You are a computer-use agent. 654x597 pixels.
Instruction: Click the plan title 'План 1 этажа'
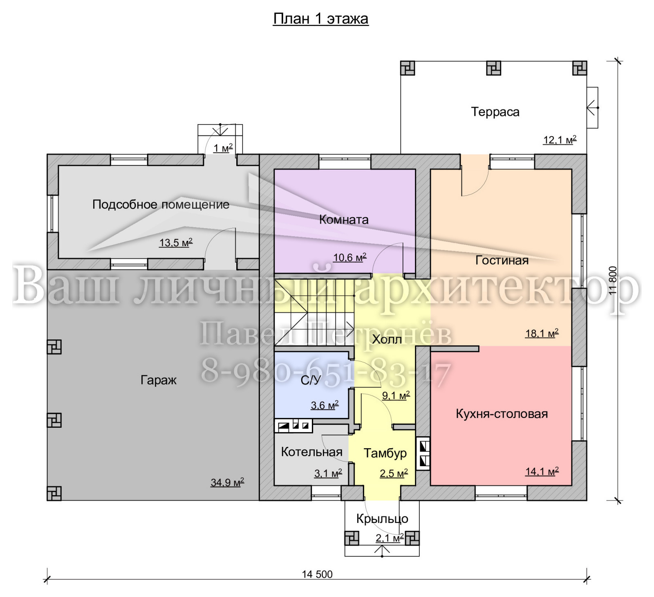click(x=321, y=19)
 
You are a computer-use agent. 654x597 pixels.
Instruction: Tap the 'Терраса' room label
click(x=495, y=112)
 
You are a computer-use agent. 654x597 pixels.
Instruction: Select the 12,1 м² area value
click(x=560, y=139)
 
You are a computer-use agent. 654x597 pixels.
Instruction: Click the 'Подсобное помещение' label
click(x=161, y=204)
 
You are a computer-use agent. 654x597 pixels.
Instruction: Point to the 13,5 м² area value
click(x=176, y=242)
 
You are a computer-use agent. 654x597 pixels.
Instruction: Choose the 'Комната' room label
click(x=344, y=220)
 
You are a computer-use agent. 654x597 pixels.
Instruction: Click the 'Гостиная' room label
click(x=502, y=260)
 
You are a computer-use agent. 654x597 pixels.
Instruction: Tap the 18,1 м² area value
click(x=542, y=333)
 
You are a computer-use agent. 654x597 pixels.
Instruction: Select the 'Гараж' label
click(x=159, y=380)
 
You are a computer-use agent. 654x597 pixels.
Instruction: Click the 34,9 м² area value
click(x=227, y=483)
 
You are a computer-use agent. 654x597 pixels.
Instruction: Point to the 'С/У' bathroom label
click(x=311, y=380)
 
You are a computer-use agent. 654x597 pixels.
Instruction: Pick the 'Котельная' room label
click(x=311, y=452)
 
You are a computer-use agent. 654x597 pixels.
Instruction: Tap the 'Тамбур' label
click(x=385, y=453)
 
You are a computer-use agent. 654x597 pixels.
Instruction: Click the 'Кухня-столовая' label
click(x=502, y=414)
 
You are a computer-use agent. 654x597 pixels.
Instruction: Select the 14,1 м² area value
click(x=542, y=471)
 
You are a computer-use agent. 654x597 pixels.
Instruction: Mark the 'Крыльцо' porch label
click(x=382, y=519)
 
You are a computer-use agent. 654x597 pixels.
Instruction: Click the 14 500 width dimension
click(x=317, y=574)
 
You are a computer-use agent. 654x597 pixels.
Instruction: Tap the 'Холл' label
click(x=387, y=339)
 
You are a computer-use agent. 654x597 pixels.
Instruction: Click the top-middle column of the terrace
click(x=494, y=68)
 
